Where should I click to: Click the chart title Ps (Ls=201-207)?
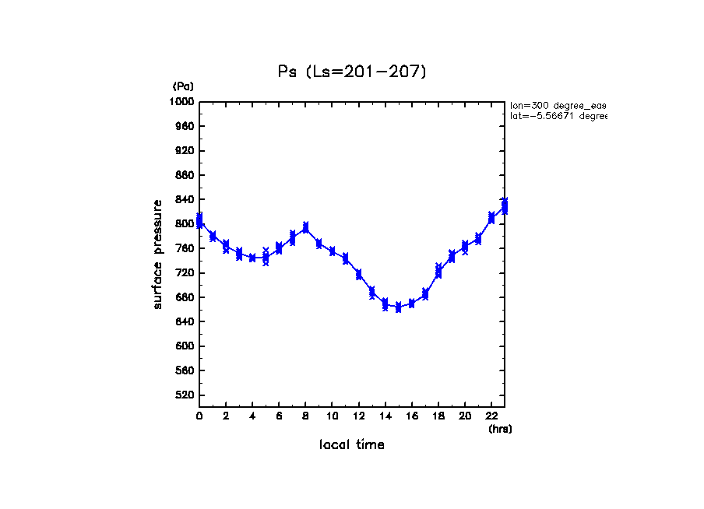(352, 72)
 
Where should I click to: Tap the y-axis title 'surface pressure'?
(158, 254)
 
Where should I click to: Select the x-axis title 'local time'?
(351, 445)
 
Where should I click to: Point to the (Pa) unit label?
(183, 86)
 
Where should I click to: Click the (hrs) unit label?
(499, 429)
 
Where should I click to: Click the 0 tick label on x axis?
(199, 416)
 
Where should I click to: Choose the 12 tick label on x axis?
(358, 416)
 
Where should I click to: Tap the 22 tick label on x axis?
(491, 416)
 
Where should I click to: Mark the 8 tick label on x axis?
(305, 416)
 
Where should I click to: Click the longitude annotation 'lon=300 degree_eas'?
(557, 105)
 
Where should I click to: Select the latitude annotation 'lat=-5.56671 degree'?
(557, 117)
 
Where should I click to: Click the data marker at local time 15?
(398, 307)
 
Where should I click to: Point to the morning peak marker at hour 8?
(305, 227)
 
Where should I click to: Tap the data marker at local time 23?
(505, 205)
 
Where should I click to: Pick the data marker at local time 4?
(252, 258)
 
